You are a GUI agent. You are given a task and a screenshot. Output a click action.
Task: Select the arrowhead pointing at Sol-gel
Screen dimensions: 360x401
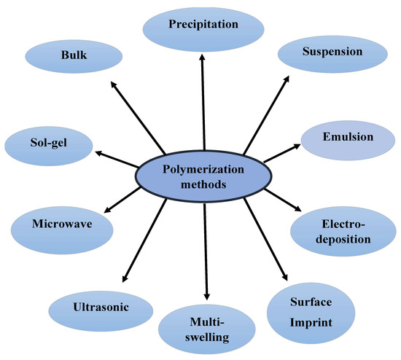coord(96,153)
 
